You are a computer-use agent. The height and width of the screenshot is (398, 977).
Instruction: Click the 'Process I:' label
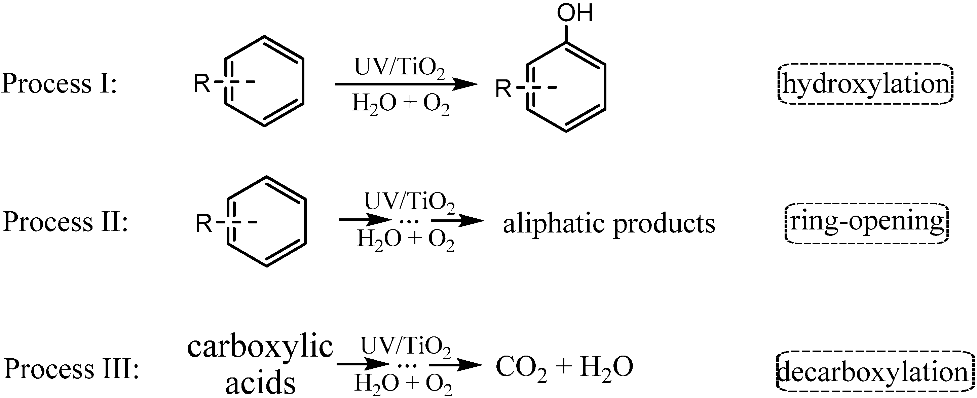click(59, 83)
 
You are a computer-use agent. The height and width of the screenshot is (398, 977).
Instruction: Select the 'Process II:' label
click(65, 222)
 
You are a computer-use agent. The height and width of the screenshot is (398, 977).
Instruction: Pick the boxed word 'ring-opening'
click(866, 222)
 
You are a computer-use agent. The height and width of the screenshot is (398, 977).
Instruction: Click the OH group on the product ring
click(574, 13)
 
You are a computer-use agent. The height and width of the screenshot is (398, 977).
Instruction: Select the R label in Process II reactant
click(204, 223)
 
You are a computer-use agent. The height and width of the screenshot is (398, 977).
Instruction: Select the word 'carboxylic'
click(260, 347)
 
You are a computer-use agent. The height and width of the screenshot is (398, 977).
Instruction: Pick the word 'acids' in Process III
click(260, 383)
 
